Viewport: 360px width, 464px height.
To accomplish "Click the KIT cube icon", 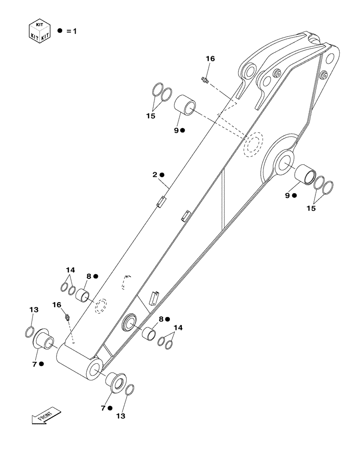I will coord(39,31).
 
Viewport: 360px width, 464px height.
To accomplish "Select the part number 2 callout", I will coord(154,175).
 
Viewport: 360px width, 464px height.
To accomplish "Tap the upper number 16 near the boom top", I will coord(210,59).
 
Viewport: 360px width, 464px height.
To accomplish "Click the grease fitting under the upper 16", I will coord(206,81).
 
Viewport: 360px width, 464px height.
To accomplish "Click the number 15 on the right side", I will coord(311,208).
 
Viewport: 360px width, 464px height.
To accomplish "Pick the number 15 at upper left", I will coord(150,116).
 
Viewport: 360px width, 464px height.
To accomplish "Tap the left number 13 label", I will coord(34,309).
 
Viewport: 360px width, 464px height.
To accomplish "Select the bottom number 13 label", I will coord(120,416).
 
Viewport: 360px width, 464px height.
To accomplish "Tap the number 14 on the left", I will coord(70,270).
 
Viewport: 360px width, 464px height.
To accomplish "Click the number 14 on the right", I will coord(178,328).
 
